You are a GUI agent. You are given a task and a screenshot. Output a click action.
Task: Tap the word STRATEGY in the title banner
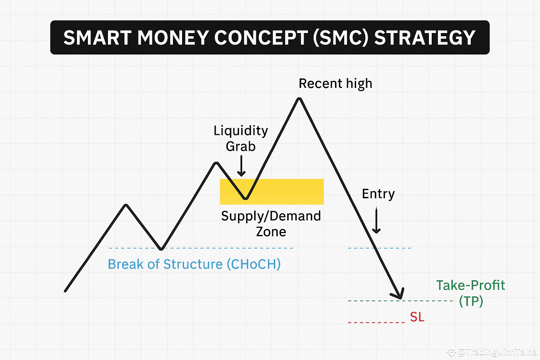tap(425, 38)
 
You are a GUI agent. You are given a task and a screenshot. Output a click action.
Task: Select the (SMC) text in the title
tap(340, 38)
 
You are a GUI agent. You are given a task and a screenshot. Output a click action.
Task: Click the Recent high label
tap(335, 84)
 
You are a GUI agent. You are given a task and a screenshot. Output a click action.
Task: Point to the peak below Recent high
tap(300, 99)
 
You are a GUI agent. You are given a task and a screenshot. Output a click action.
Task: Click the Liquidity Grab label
tap(241, 138)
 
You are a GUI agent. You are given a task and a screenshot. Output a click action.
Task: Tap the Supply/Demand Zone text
tap(271, 224)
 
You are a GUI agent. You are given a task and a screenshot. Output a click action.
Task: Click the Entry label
tap(378, 194)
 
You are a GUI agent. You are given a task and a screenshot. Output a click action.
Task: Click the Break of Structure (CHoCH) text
tap(194, 264)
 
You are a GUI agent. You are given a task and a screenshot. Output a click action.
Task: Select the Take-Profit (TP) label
tap(471, 293)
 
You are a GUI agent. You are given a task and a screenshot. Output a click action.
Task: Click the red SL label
tap(417, 317)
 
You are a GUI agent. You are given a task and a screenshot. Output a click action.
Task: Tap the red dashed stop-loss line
tap(376, 322)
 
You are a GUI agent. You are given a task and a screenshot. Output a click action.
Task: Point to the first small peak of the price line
tap(126, 205)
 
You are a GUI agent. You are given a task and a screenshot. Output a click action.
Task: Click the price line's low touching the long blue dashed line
tap(161, 249)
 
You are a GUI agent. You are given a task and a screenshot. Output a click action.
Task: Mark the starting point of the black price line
tap(65, 291)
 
